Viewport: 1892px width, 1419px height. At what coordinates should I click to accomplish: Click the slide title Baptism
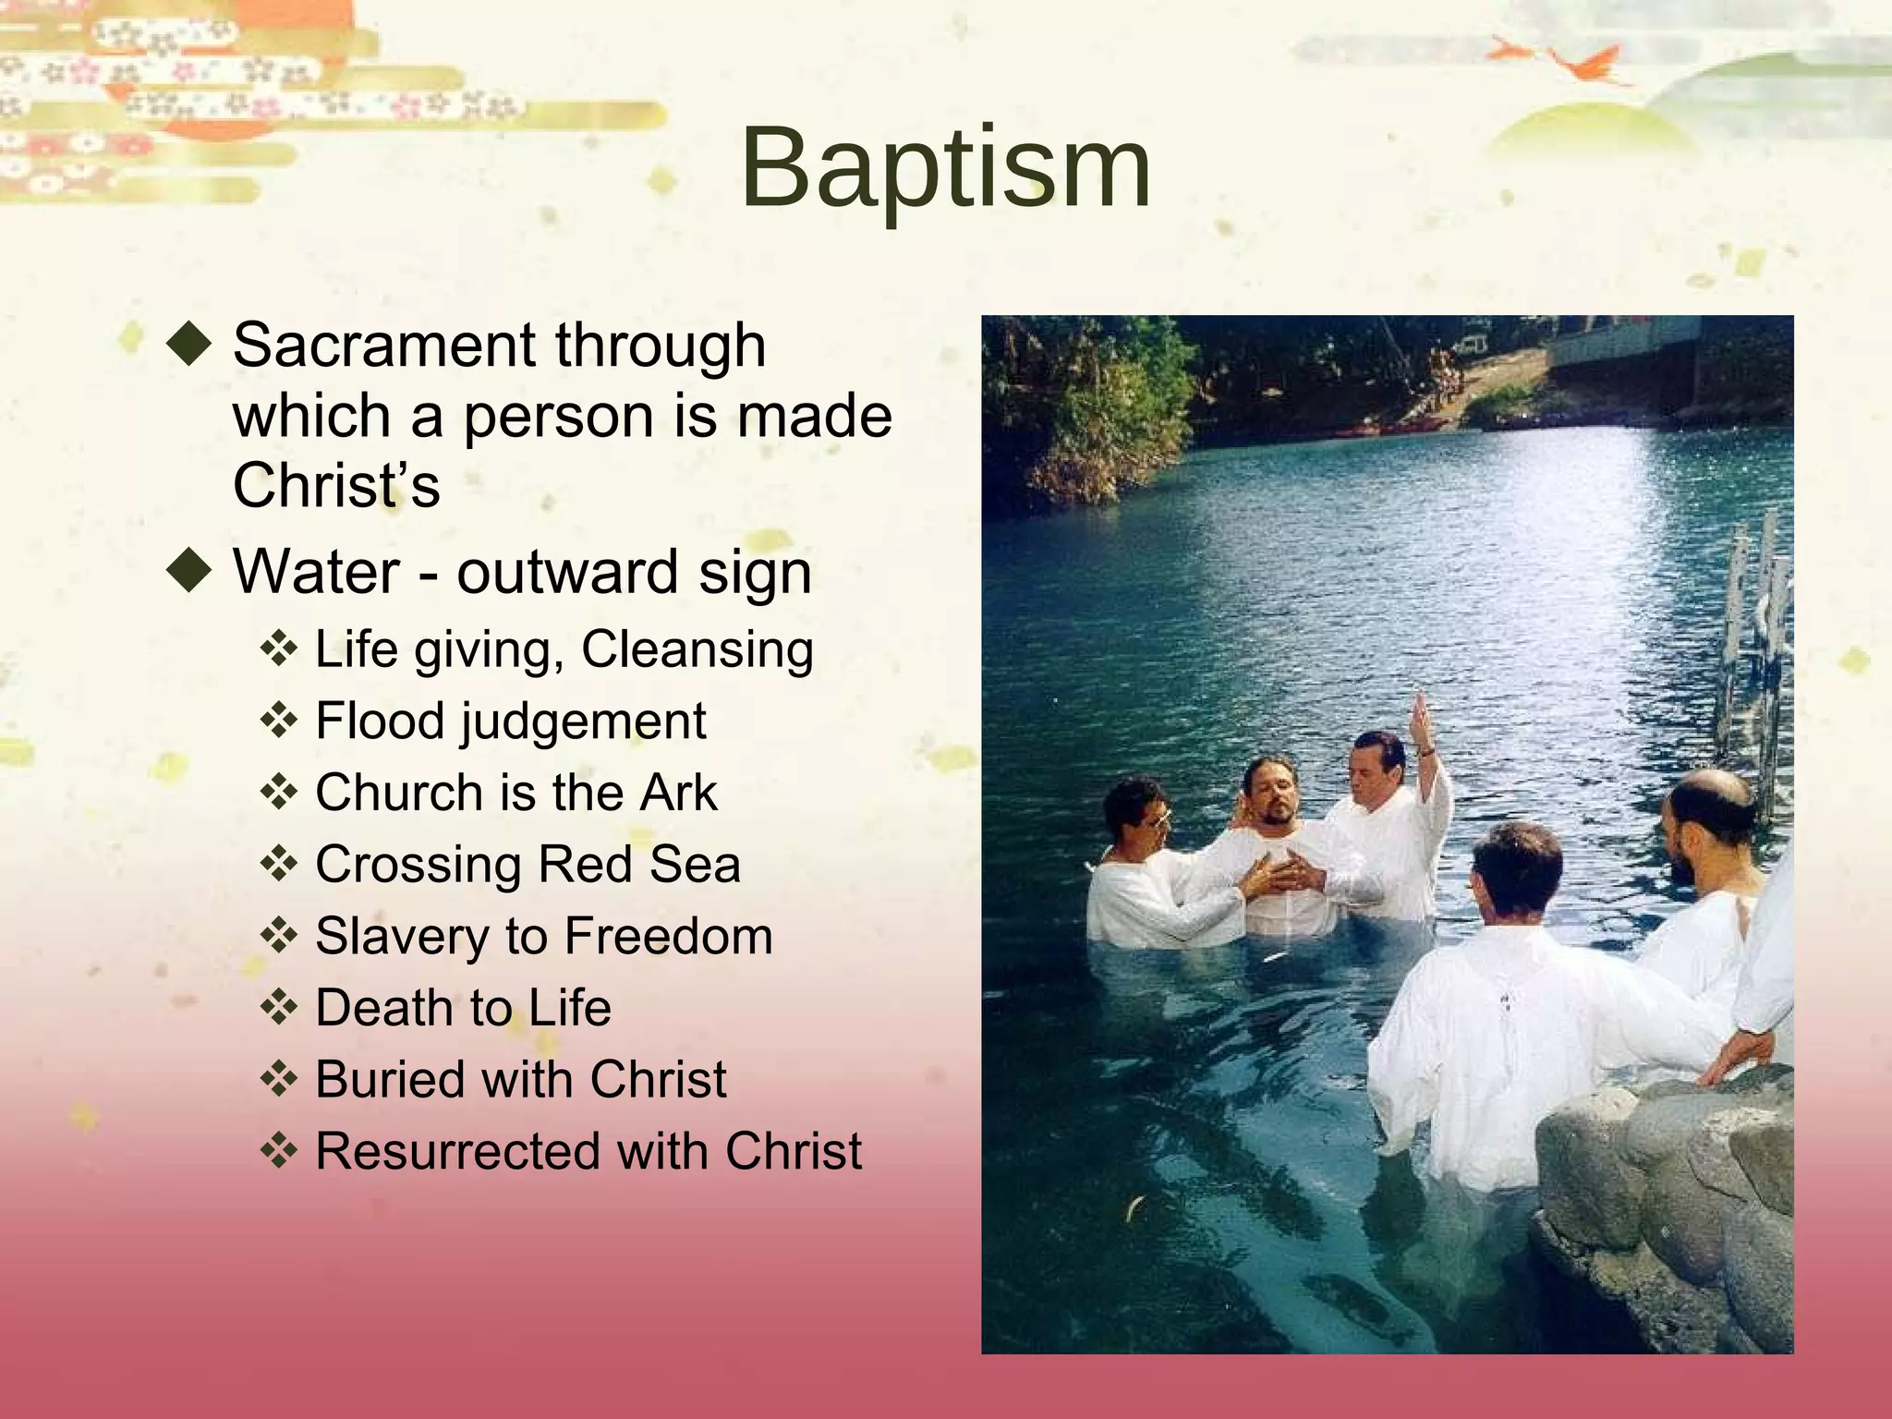tap(945, 169)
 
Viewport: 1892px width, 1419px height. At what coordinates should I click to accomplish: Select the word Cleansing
tap(697, 649)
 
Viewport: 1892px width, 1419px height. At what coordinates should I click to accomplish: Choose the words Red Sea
tap(638, 865)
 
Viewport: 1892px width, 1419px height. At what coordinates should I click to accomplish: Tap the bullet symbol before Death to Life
tap(278, 1007)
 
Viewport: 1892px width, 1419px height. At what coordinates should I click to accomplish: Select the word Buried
tap(390, 1079)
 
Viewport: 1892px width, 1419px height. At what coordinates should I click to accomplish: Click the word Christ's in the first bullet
tap(336, 486)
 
